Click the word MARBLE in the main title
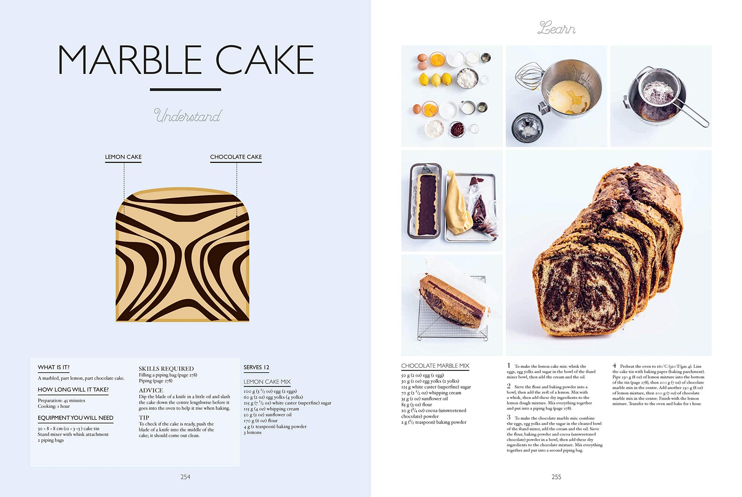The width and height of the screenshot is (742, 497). pyautogui.click(x=130, y=60)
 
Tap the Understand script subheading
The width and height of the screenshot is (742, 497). pyautogui.click(x=188, y=116)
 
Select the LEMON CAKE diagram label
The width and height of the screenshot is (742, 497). pyautogui.click(x=123, y=157)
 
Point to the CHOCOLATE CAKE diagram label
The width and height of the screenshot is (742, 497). pyautogui.click(x=236, y=157)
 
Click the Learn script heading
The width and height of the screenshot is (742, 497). pyautogui.click(x=556, y=28)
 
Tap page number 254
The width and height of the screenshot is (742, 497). pyautogui.click(x=185, y=477)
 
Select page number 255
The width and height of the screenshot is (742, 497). pyautogui.click(x=556, y=477)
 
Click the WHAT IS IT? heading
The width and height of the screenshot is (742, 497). pyautogui.click(x=53, y=367)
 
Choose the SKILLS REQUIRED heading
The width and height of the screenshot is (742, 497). pyautogui.click(x=166, y=368)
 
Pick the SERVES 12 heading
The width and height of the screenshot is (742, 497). pyautogui.click(x=257, y=367)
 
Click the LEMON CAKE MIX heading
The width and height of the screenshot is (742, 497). pyautogui.click(x=267, y=382)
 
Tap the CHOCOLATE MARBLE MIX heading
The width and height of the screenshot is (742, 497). pyautogui.click(x=435, y=366)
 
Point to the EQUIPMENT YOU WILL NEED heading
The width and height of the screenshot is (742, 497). pyautogui.click(x=75, y=418)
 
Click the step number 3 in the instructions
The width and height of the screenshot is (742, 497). pyautogui.click(x=509, y=417)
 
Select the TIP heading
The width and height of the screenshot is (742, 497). pyautogui.click(x=144, y=418)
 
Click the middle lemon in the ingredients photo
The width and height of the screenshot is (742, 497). pyautogui.click(x=435, y=80)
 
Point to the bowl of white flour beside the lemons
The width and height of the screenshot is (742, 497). pyautogui.click(x=467, y=78)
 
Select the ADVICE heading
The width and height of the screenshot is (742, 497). pyautogui.click(x=151, y=390)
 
